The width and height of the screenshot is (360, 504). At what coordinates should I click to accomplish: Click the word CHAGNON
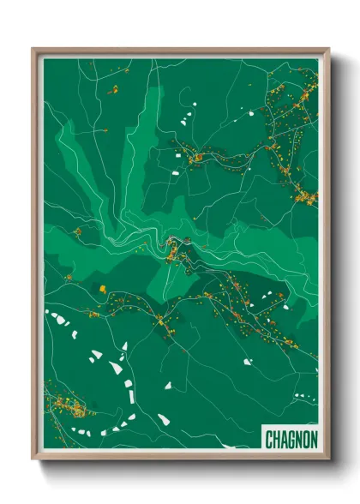tap(291, 440)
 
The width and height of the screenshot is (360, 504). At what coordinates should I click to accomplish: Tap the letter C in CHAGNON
tap(269, 440)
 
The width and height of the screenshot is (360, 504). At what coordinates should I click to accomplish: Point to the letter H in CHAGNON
tap(277, 440)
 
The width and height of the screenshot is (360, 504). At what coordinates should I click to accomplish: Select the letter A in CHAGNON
tap(284, 440)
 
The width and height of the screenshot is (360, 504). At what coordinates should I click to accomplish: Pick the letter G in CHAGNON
tap(291, 440)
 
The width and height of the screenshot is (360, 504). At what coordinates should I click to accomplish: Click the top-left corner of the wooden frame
tap(33, 49)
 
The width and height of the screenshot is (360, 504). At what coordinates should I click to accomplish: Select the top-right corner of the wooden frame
tap(328, 49)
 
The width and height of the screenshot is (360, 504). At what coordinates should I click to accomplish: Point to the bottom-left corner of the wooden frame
tap(33, 459)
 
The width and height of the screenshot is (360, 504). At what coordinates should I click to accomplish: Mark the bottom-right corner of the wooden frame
tap(328, 459)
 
